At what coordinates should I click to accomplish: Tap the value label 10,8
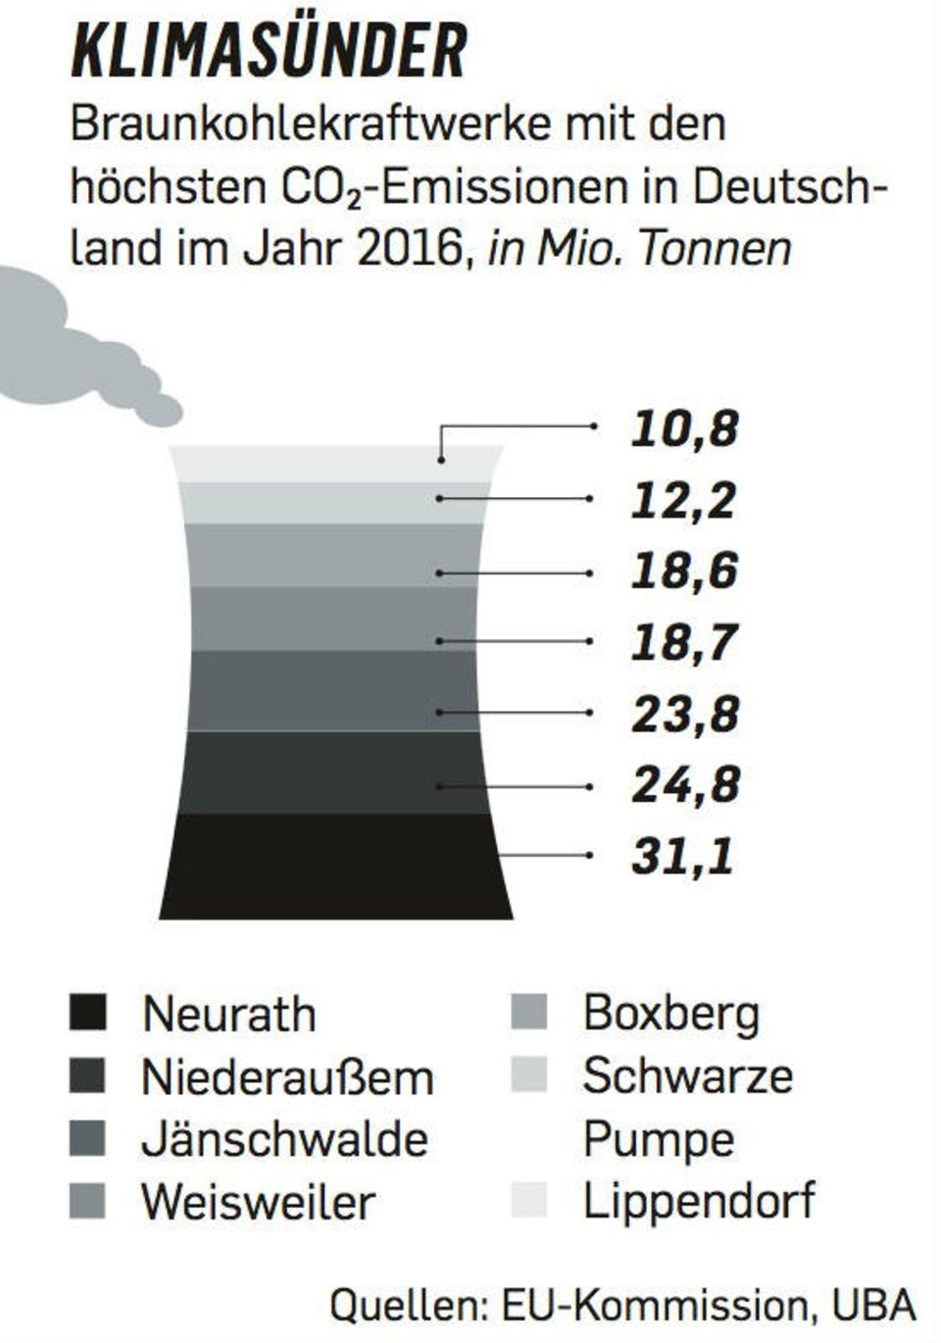[x=684, y=428]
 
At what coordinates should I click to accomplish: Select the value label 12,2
[x=683, y=500]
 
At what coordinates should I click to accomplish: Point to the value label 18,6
[x=684, y=572]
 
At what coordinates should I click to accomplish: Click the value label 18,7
[x=684, y=642]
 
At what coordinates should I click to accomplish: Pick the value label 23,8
[x=684, y=714]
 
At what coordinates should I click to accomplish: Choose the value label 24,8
[x=684, y=784]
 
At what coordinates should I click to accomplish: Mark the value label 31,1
[x=682, y=856]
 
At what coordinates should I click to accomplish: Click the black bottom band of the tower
[x=335, y=867]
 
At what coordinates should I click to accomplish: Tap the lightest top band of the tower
[x=335, y=464]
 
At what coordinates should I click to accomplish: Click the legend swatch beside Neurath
[x=88, y=1014]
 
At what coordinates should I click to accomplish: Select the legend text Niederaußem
[x=287, y=1077]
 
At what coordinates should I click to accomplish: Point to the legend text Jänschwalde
[x=285, y=1140]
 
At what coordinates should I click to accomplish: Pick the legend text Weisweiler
[x=258, y=1202]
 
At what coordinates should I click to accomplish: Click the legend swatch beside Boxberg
[x=529, y=1014]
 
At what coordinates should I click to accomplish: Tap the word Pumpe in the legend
[x=658, y=1140]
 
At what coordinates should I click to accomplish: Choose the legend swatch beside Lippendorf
[x=529, y=1201]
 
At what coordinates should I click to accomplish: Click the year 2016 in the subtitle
[x=409, y=249]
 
